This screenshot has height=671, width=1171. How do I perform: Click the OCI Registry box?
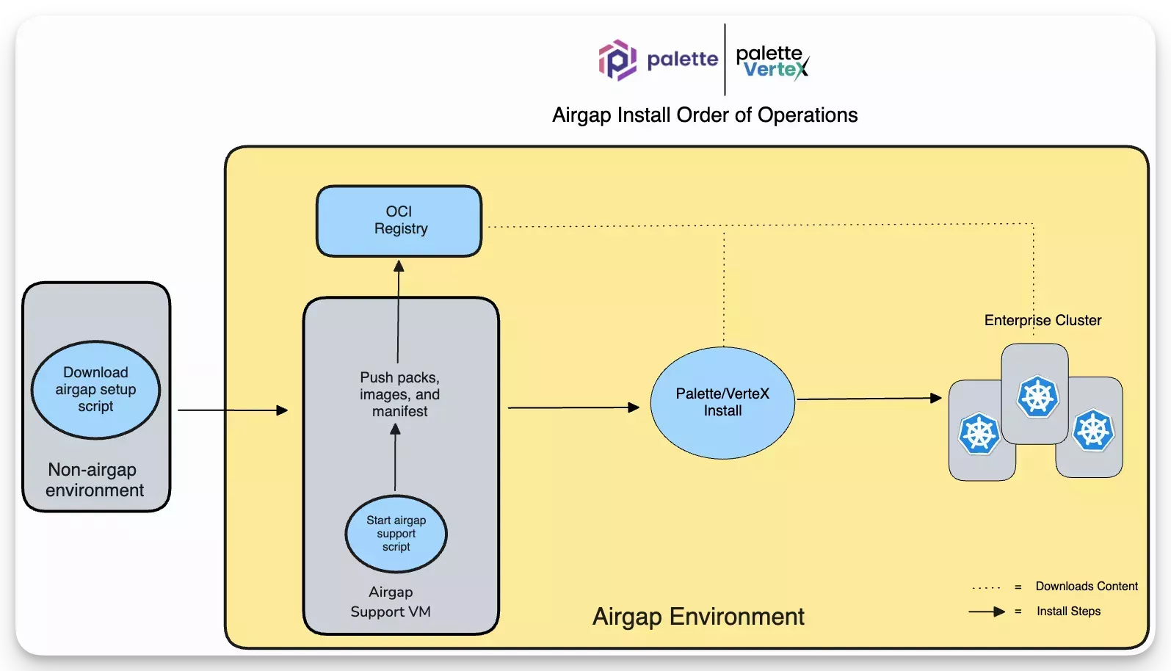point(399,221)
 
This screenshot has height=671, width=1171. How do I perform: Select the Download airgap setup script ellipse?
point(95,390)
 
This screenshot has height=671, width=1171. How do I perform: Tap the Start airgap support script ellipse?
point(396,534)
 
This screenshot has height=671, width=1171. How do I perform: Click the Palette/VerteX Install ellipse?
point(722,402)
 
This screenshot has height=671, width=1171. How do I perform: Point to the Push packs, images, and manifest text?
point(399,394)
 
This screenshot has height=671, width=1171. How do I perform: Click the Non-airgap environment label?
point(94,480)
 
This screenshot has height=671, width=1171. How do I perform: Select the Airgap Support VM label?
point(391,602)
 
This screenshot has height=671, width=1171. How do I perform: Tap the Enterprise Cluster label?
point(1043,320)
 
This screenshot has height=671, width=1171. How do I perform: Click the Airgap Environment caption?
point(698,617)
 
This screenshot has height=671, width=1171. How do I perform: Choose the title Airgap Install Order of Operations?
point(705,115)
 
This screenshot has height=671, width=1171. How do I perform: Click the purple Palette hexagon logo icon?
point(617,59)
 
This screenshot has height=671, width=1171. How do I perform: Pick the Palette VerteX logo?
point(772,62)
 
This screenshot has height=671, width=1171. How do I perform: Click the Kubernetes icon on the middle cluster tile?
point(1037,396)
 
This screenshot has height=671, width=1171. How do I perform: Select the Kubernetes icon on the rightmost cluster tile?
point(1093,430)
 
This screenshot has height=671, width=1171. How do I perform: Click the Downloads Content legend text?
point(1087,587)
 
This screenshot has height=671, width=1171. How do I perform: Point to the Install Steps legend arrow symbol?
point(987,612)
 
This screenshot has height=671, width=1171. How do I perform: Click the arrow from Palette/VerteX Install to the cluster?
point(869,399)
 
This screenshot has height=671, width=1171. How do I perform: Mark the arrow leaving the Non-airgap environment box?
point(232,410)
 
